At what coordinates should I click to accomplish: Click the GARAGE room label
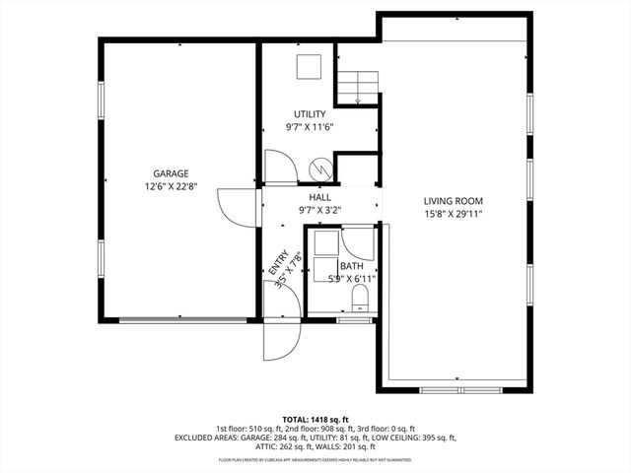[171, 173]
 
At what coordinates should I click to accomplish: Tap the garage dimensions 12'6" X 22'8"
[171, 186]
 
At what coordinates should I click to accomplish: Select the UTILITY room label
[311, 115]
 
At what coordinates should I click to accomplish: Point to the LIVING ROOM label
[454, 201]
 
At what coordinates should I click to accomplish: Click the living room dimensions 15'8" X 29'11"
[454, 214]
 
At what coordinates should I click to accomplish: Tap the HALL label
[319, 198]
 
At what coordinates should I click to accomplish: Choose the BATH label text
[352, 267]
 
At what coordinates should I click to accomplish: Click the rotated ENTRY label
[278, 261]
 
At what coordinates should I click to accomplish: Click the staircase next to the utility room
[357, 87]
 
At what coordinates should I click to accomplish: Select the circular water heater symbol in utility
[321, 170]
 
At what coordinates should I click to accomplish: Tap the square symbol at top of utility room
[311, 67]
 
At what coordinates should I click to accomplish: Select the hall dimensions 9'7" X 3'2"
[319, 210]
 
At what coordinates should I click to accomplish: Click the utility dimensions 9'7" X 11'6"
[311, 127]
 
